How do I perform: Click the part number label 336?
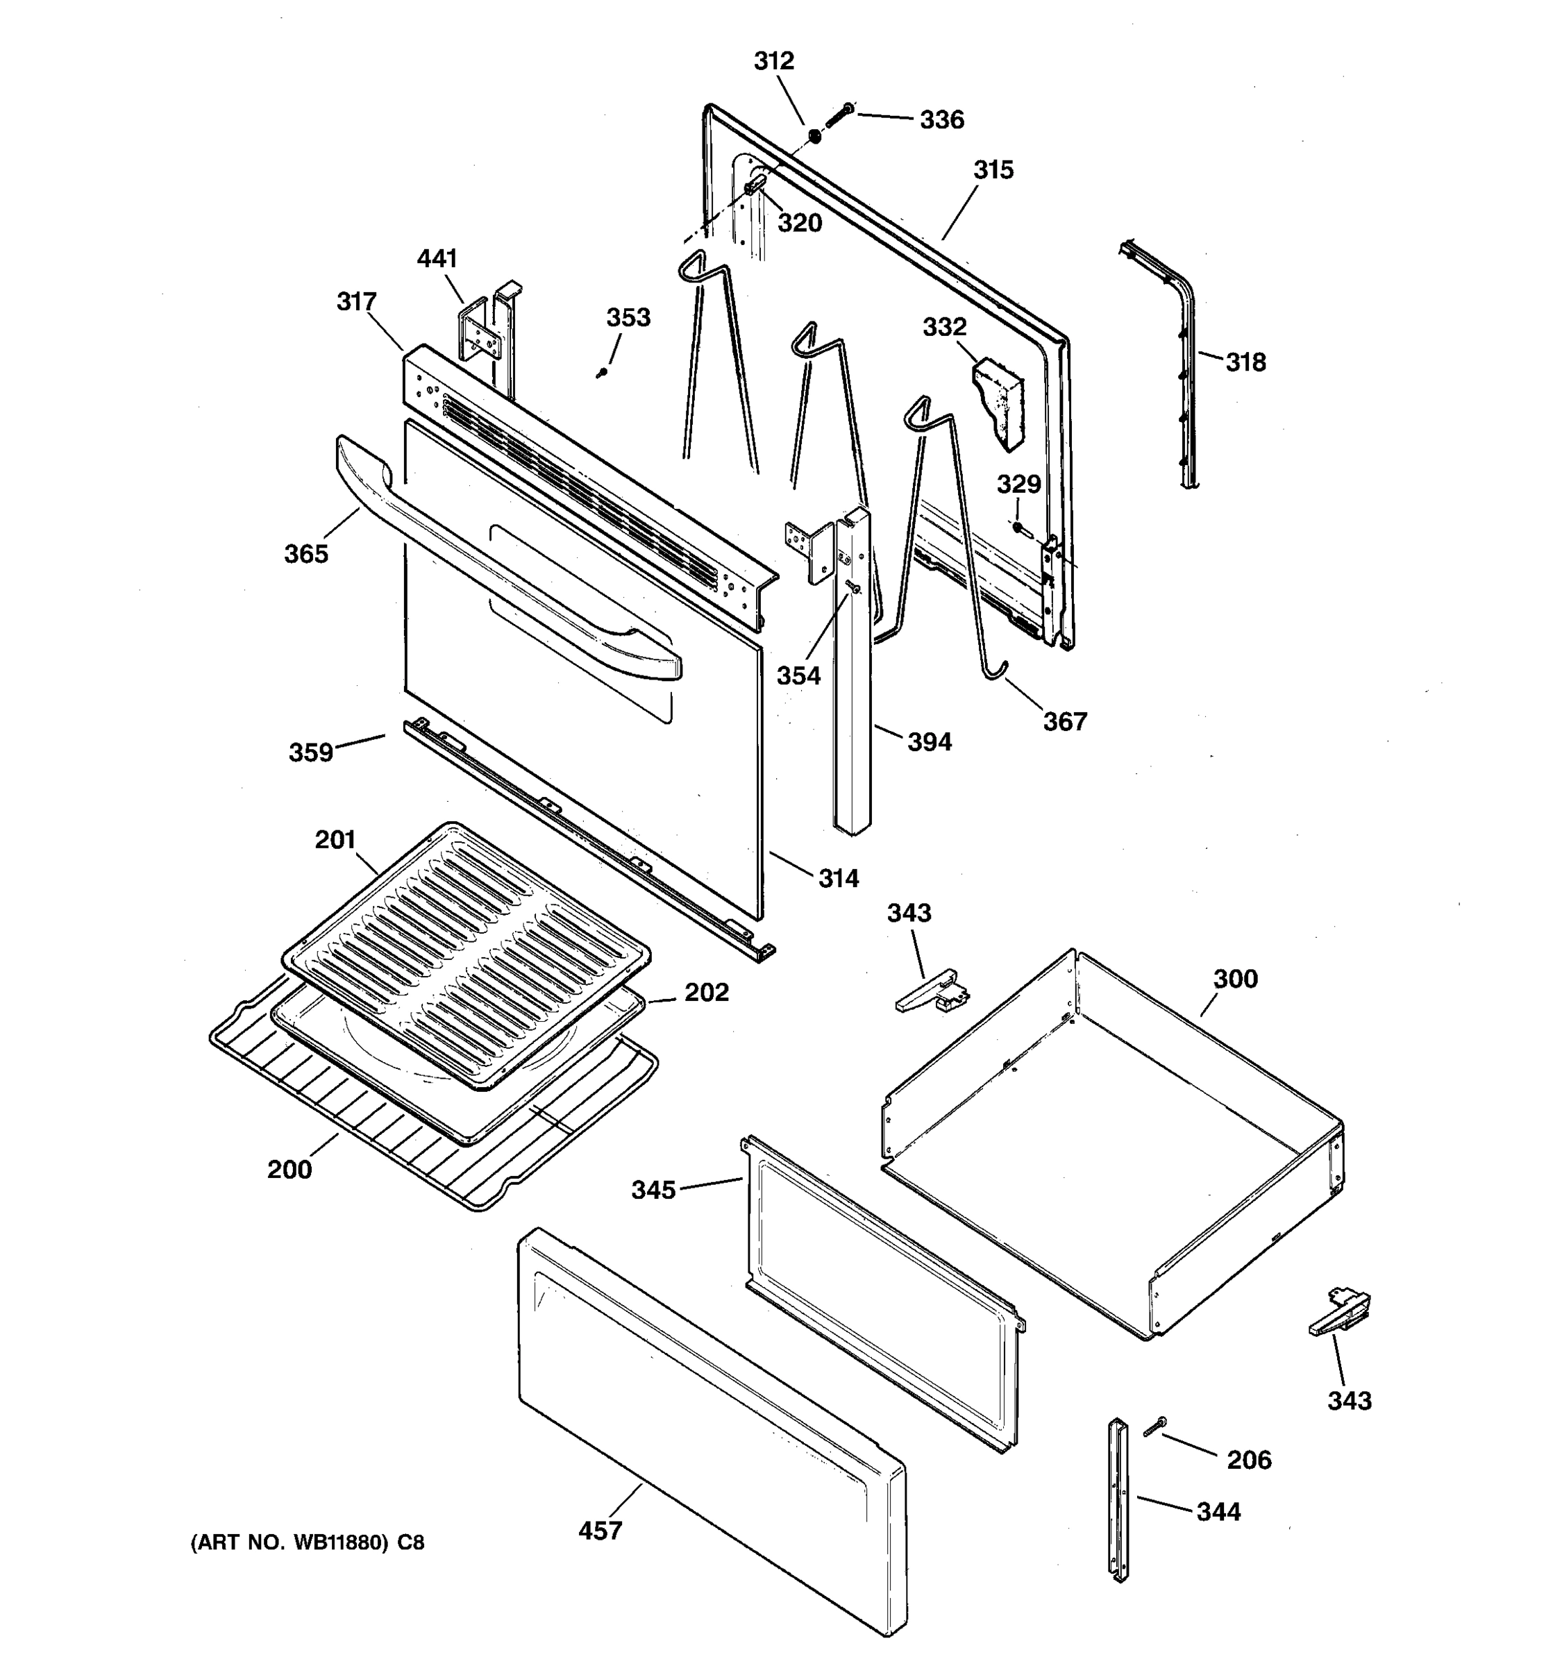[x=942, y=121]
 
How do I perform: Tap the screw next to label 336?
[x=838, y=116]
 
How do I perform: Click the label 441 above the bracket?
[x=437, y=259]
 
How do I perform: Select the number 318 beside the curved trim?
[x=1245, y=363]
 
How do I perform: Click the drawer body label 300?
[x=1235, y=979]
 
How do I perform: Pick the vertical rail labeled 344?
[x=1118, y=1500]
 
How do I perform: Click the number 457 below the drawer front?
[x=600, y=1531]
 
